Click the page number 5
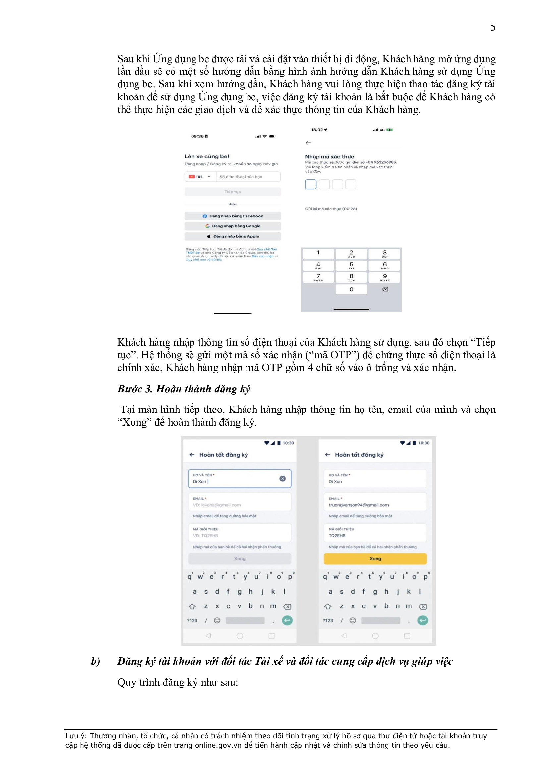493,27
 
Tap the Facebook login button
233,216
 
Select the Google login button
233,226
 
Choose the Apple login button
233,236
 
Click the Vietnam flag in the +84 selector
192,177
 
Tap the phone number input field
248,177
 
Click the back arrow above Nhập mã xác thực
308,143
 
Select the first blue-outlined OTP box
311,184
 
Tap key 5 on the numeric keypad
351,265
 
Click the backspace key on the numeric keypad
385,289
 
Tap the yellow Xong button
375,558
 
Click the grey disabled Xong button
240,558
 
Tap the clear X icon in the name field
282,478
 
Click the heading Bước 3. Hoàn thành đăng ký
184,389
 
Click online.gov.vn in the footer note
218,745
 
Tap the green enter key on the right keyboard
422,620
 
